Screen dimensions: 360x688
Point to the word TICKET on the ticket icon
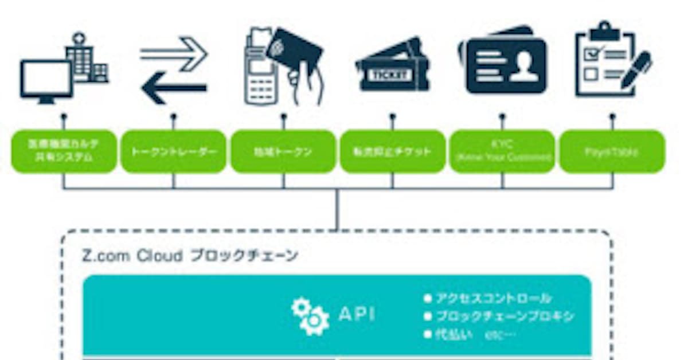click(x=388, y=75)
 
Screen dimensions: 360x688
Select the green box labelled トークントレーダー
click(x=173, y=152)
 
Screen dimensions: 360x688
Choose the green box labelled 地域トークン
click(x=283, y=152)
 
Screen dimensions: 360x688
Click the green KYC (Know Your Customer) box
click(x=502, y=152)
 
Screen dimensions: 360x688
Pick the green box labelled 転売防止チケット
click(x=393, y=152)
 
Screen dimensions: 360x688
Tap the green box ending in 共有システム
click(x=64, y=152)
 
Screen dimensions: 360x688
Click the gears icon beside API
click(x=310, y=316)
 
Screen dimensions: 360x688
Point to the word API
click(x=357, y=314)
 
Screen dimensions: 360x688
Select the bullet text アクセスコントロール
click(x=494, y=299)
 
